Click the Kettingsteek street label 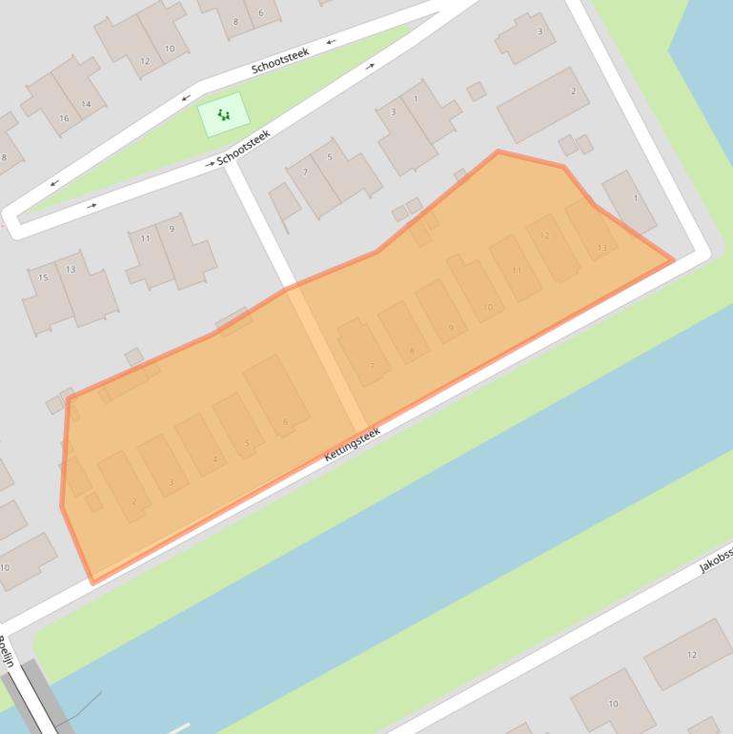point(352,444)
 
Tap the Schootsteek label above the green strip point(280,60)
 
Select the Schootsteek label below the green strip point(244,148)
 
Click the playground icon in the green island point(223,115)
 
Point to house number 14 point(86,104)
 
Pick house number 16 point(64,118)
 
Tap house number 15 point(43,277)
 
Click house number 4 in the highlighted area point(214,459)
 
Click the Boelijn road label point(8,654)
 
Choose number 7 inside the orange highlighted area point(372,366)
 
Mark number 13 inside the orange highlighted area point(601,248)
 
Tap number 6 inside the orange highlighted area point(285,421)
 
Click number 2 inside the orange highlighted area point(134,501)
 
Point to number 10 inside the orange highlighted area point(488,307)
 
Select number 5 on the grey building point(330,157)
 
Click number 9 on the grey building point(172,229)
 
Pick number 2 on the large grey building point(573,92)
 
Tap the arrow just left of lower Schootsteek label point(210,164)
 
